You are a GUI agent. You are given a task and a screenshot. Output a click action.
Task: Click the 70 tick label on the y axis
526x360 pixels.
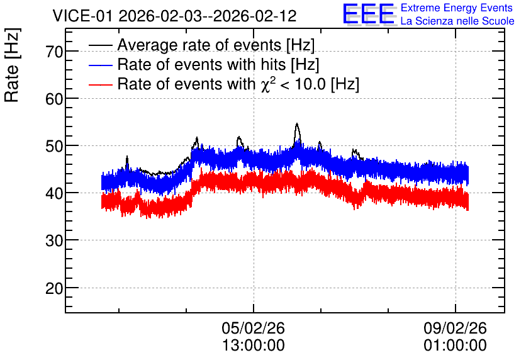pos(54,52)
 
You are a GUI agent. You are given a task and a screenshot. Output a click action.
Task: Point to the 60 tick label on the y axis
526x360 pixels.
pos(54,99)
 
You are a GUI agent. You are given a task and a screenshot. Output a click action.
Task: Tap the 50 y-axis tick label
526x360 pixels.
pos(54,147)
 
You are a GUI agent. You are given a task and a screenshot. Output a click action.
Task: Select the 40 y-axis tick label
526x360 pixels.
pos(54,194)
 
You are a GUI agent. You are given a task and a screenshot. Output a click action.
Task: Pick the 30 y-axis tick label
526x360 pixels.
pos(54,241)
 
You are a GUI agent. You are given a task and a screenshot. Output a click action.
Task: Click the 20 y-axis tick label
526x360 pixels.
pos(54,288)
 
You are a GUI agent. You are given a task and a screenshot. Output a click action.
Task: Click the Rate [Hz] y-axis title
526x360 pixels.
pos(12,65)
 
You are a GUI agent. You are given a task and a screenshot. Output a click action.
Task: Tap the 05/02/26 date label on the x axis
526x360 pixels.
pos(254,328)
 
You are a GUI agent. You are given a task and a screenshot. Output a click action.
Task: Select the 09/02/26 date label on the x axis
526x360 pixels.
pos(455,328)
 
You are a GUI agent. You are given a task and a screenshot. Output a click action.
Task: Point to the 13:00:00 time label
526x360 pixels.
pos(254,346)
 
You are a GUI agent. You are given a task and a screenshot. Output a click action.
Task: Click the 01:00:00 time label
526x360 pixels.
pos(455,346)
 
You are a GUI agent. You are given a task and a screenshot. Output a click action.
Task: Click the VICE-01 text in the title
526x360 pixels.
pos(83,16)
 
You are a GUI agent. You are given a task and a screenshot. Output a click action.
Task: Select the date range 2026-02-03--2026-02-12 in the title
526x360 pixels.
pos(208,16)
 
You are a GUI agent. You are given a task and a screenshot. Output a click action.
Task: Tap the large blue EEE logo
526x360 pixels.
pos(369,14)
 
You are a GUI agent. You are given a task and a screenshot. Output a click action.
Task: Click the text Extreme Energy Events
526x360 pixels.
pos(457,8)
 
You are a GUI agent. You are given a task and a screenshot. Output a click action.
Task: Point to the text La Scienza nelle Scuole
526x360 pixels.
pos(457,21)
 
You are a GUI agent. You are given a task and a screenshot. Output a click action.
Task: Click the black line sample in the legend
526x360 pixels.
pos(100,45)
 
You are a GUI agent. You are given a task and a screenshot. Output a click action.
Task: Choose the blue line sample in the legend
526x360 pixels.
pos(100,65)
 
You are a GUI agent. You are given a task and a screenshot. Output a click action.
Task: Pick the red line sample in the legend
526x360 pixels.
pos(100,84)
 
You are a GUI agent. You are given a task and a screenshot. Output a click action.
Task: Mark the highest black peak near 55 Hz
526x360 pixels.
pos(297,124)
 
